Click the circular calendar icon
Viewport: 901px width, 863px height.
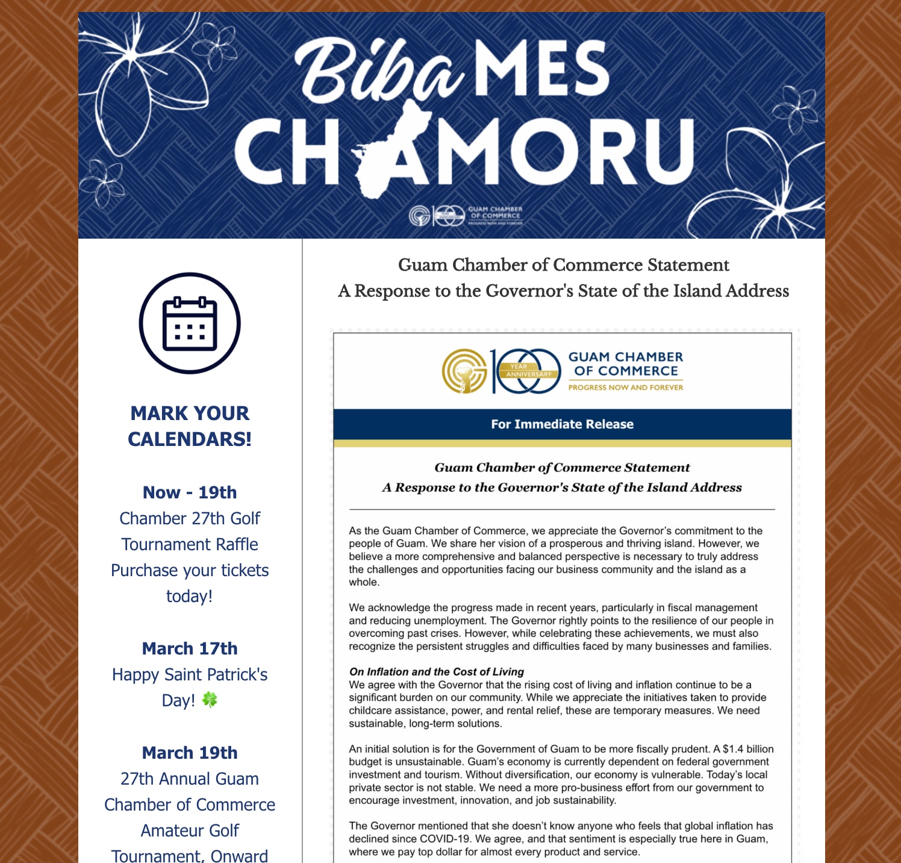pos(190,323)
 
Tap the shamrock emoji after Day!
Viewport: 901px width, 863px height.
pos(210,700)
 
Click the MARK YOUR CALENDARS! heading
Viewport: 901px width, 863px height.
pos(190,426)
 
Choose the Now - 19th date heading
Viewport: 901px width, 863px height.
pos(190,492)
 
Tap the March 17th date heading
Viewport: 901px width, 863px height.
pos(190,648)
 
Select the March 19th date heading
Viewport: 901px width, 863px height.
pos(190,753)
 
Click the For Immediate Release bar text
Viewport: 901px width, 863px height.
pos(562,424)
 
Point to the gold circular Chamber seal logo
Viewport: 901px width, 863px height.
pos(464,371)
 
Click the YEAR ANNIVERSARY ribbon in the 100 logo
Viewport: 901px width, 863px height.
pos(528,371)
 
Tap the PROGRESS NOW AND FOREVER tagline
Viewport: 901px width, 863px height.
pos(626,388)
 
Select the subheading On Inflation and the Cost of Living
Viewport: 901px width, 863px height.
pos(437,671)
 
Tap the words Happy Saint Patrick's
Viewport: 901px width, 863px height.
pos(190,674)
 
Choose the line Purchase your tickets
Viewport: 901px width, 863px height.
pos(190,570)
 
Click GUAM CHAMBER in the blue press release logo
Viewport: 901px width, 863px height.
pos(626,357)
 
